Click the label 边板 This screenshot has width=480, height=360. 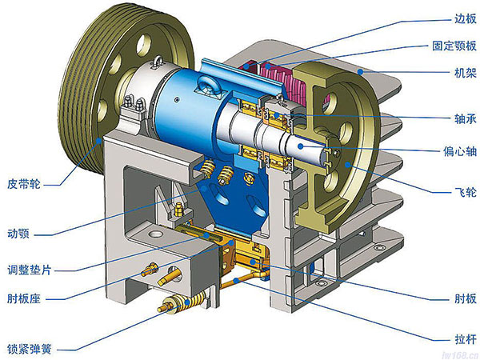tap(466, 19)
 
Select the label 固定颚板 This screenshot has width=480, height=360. tap(454, 46)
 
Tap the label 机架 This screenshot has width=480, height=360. tap(466, 73)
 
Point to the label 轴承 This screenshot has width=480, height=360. tap(466, 118)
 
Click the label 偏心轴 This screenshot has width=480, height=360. tap(460, 151)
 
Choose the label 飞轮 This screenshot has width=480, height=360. tap(466, 192)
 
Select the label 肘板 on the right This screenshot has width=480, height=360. tap(466, 298)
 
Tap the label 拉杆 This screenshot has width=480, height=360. tap(466, 339)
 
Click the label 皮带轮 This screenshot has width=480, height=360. tap(24, 184)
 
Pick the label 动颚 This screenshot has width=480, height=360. tap(18, 234)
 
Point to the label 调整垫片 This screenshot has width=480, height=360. tap(29, 270)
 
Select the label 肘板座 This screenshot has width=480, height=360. tap(24, 298)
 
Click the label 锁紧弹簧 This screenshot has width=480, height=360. tap(29, 349)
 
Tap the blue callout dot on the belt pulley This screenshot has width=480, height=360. tap(99, 141)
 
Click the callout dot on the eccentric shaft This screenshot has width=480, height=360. tap(301, 146)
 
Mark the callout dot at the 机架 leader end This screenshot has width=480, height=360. tap(361, 72)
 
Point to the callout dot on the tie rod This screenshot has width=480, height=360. tap(236, 280)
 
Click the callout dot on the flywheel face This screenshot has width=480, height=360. tap(347, 165)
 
